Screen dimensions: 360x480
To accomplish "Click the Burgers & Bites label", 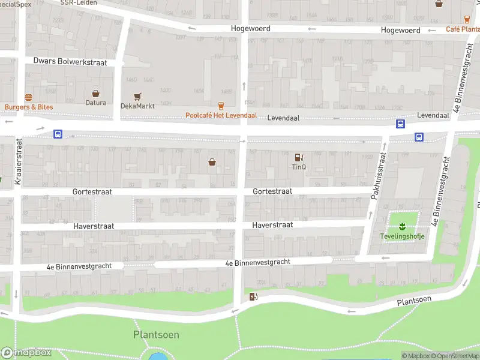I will point(28,107).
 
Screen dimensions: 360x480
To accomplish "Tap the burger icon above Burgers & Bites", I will point(28,97).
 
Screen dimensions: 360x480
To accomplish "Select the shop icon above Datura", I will point(95,93).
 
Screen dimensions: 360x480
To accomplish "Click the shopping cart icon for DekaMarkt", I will point(137,96).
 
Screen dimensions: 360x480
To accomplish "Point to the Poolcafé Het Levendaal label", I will point(221,115).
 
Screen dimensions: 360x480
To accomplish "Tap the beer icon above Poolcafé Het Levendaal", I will point(221,106).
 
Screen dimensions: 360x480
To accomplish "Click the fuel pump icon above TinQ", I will point(299,157).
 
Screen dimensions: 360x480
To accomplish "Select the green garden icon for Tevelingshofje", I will point(402,226).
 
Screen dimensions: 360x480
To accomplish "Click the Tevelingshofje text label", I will point(402,236).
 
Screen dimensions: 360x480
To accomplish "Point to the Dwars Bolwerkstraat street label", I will point(70,61).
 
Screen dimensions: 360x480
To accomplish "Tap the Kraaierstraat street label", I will point(19,161).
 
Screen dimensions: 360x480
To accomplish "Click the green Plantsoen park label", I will point(156,335).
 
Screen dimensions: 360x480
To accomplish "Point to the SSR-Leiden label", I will point(79,3).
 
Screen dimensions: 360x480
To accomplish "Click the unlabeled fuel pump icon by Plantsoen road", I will point(253,296).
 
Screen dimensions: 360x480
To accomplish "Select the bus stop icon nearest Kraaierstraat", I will point(58,134).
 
